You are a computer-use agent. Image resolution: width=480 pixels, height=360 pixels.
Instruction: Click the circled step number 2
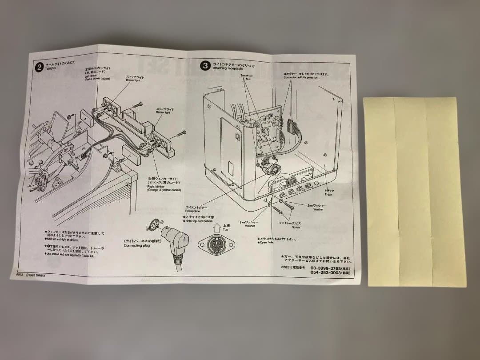[x=39, y=67]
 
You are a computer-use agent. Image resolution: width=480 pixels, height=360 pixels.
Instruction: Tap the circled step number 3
[x=205, y=65]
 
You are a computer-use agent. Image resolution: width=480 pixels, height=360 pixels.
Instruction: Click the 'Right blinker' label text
[x=156, y=186]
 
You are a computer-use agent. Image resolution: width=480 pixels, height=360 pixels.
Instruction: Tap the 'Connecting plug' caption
[x=136, y=245]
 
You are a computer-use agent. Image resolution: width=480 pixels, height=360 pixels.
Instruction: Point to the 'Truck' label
[x=328, y=194]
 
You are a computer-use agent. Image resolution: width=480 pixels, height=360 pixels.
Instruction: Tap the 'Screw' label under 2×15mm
[x=296, y=227]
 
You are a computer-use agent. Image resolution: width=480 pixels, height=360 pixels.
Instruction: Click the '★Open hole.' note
[x=267, y=243]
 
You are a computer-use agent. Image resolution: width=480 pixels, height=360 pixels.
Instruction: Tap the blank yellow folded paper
[x=414, y=191]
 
